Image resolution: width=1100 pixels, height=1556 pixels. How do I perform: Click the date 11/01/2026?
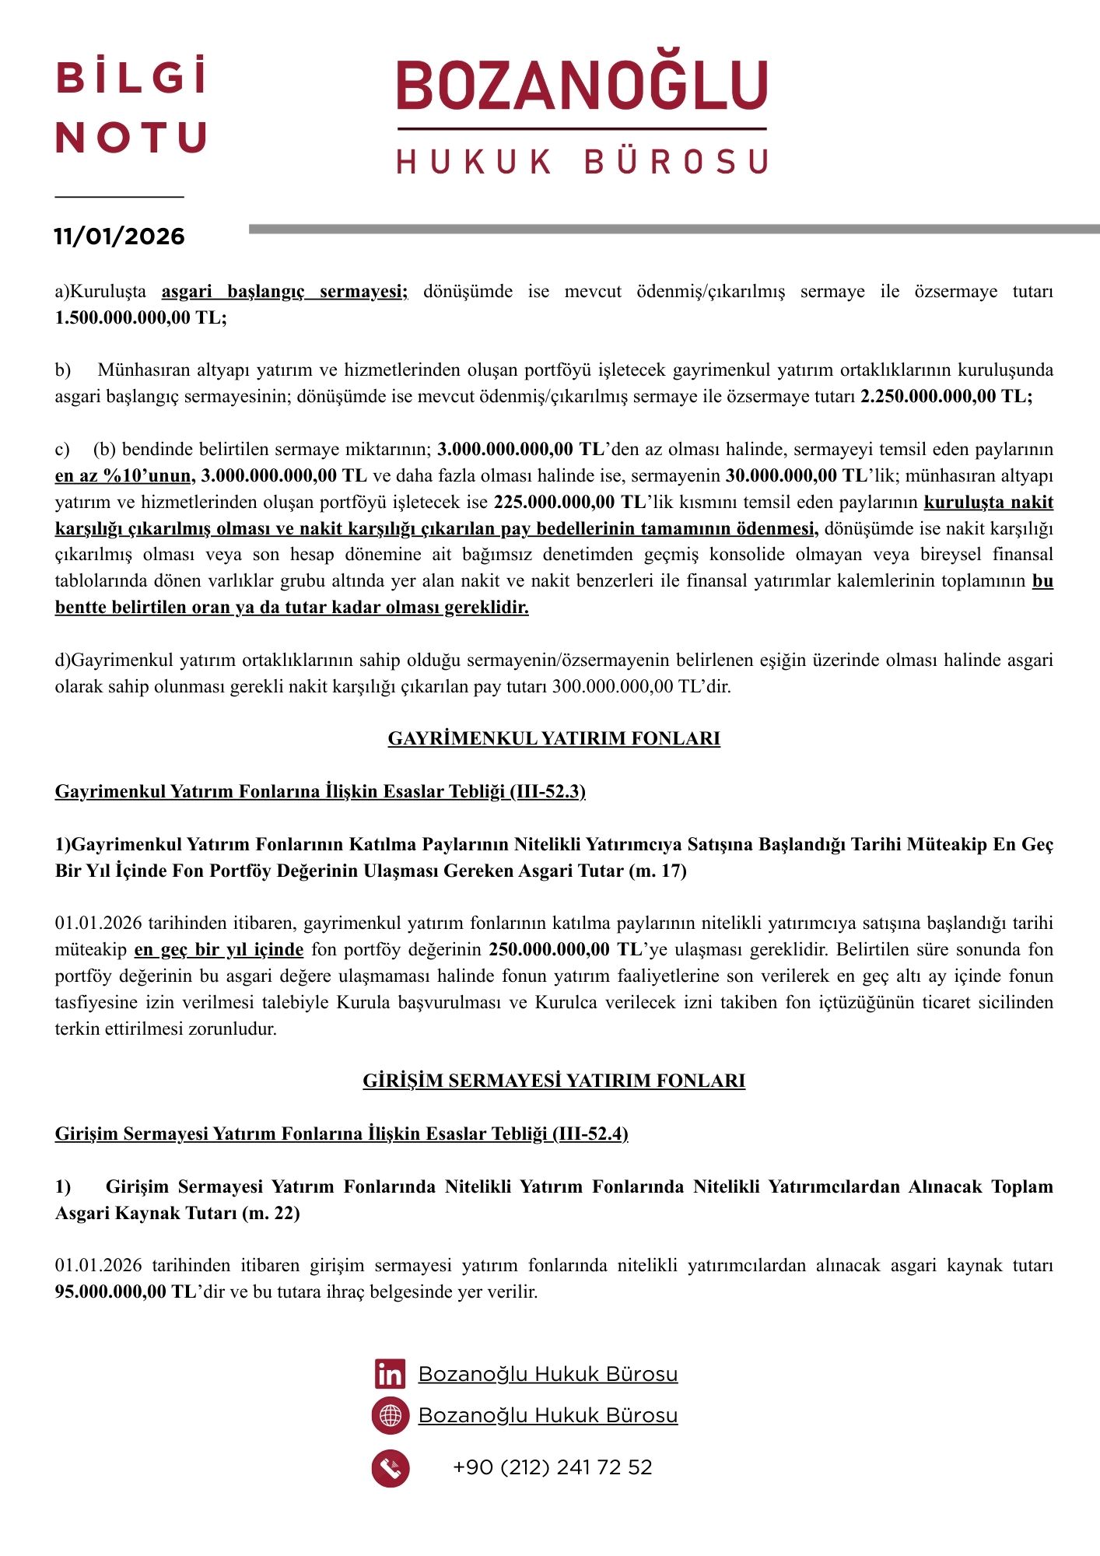119,237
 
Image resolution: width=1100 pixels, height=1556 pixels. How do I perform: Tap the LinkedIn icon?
390,1375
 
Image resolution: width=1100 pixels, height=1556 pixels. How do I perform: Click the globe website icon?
390,1416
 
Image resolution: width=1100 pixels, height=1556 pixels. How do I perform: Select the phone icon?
390,1468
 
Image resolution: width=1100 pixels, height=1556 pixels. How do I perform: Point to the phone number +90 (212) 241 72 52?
552,1467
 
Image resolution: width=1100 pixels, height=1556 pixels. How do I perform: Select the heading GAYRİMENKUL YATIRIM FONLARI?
554,738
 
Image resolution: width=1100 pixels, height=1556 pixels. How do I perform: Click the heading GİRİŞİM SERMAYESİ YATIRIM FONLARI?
554,1081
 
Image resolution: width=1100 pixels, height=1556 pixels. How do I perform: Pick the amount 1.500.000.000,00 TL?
140,318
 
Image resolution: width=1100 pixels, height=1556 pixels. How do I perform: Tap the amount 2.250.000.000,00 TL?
946,396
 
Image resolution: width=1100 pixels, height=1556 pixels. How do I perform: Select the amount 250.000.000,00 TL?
564,950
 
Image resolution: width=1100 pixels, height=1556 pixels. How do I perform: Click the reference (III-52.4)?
590,1134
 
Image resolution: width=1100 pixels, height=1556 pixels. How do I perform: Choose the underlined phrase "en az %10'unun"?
124,475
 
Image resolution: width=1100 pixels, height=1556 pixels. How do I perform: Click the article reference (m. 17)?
657,871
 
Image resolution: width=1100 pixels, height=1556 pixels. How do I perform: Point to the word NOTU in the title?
131,138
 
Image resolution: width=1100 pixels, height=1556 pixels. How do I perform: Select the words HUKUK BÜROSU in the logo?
582,162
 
